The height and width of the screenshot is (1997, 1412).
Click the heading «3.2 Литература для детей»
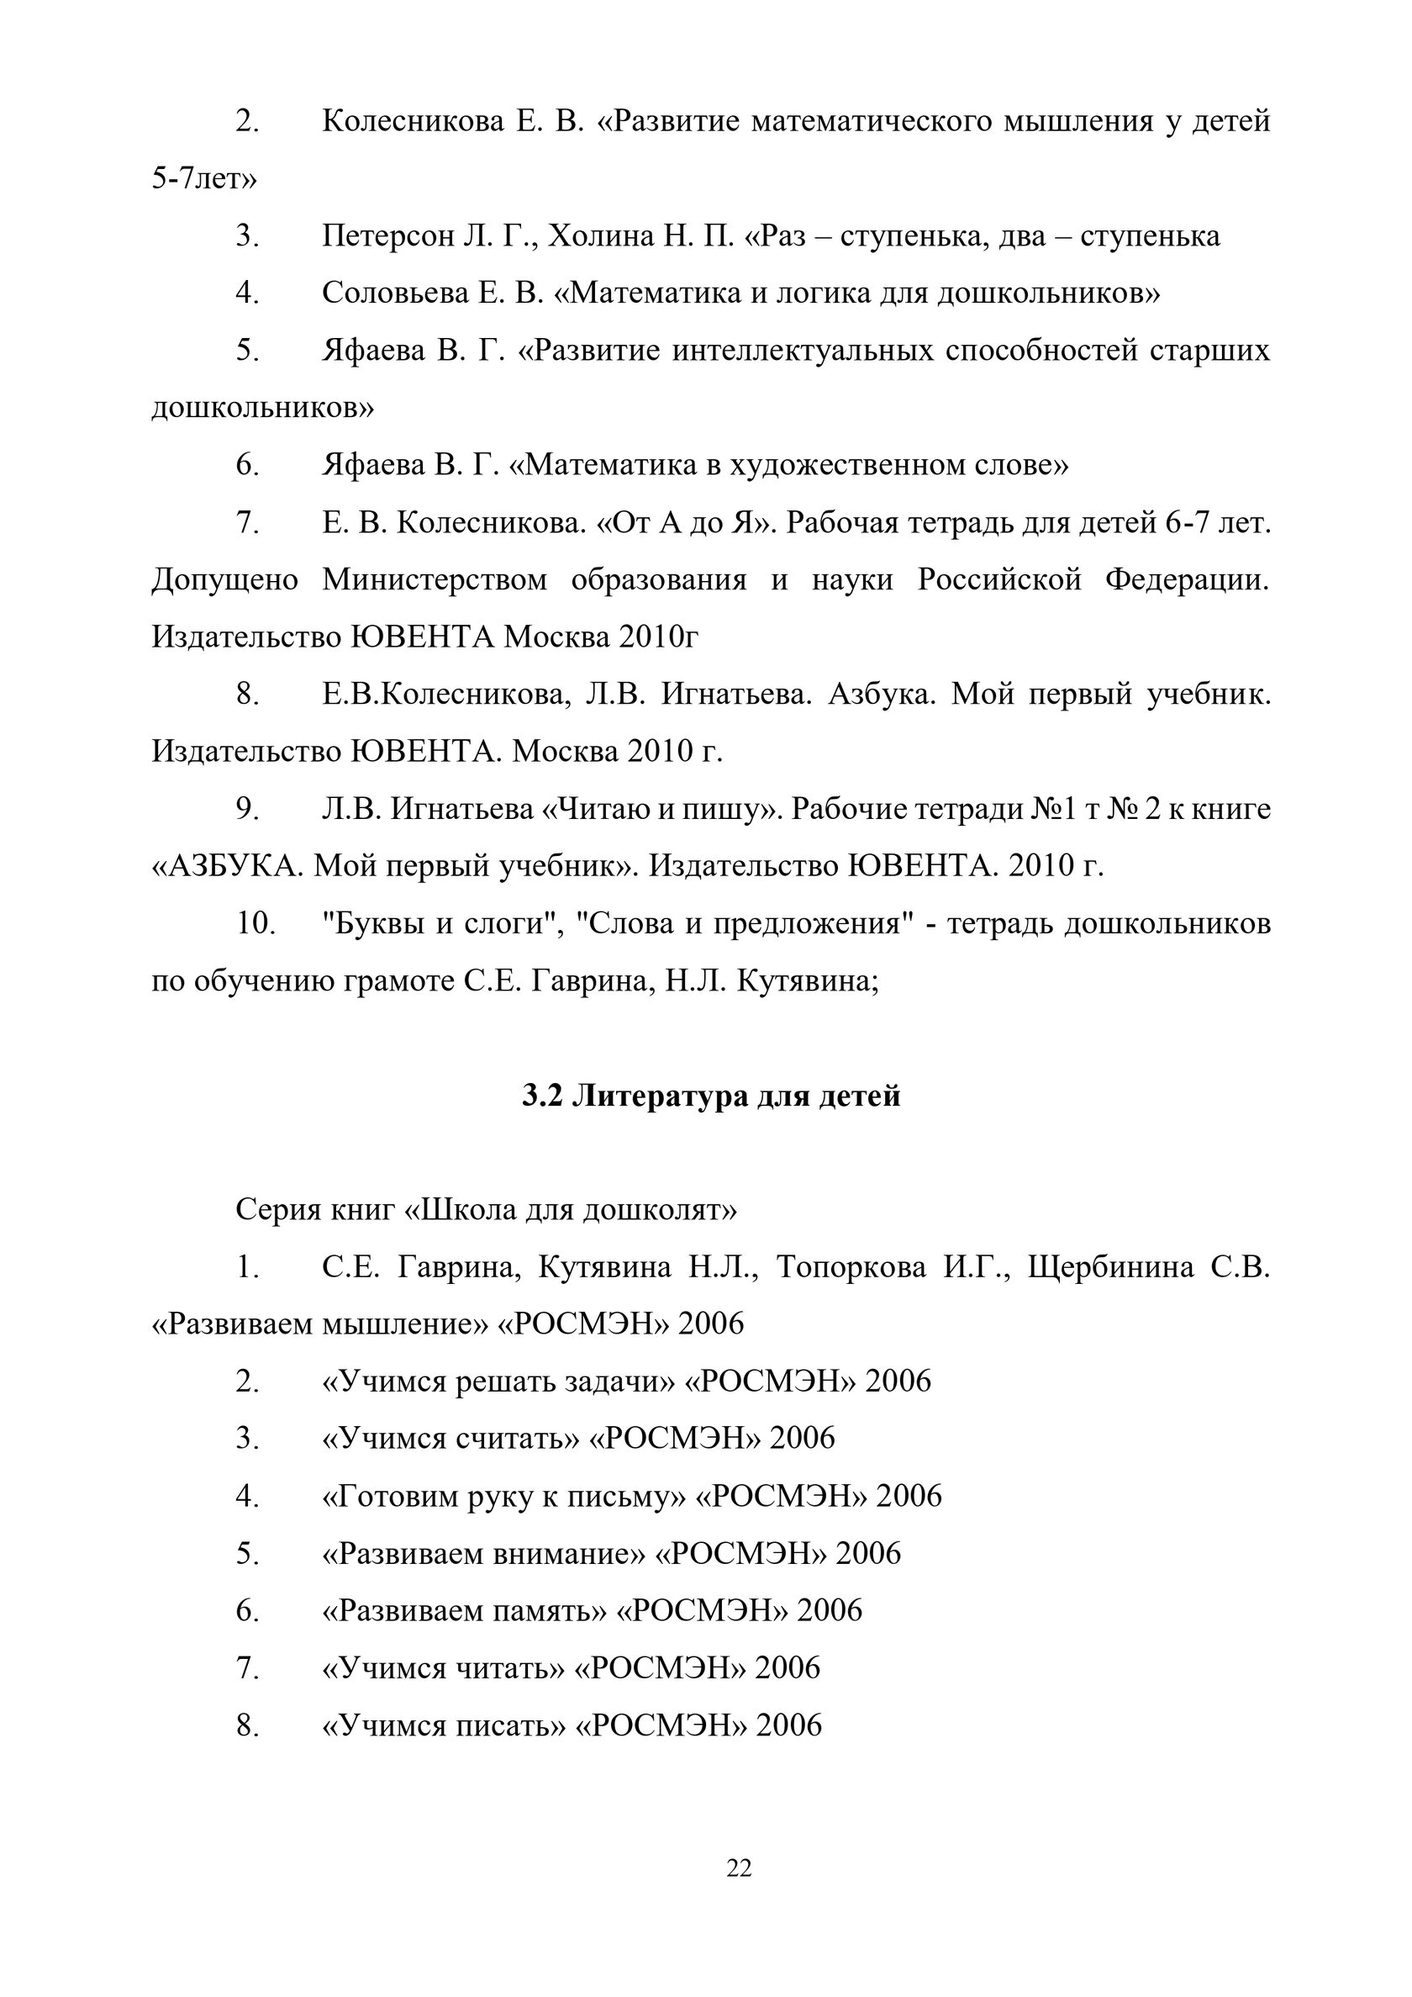click(x=710, y=1096)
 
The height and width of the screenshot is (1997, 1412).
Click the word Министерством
click(x=435, y=579)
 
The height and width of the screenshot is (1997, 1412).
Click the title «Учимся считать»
click(x=450, y=1438)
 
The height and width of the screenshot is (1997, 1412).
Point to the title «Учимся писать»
click(x=445, y=1725)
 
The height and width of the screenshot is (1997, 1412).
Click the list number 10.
click(x=256, y=924)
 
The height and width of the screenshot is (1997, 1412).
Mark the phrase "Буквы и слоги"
click(x=439, y=924)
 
